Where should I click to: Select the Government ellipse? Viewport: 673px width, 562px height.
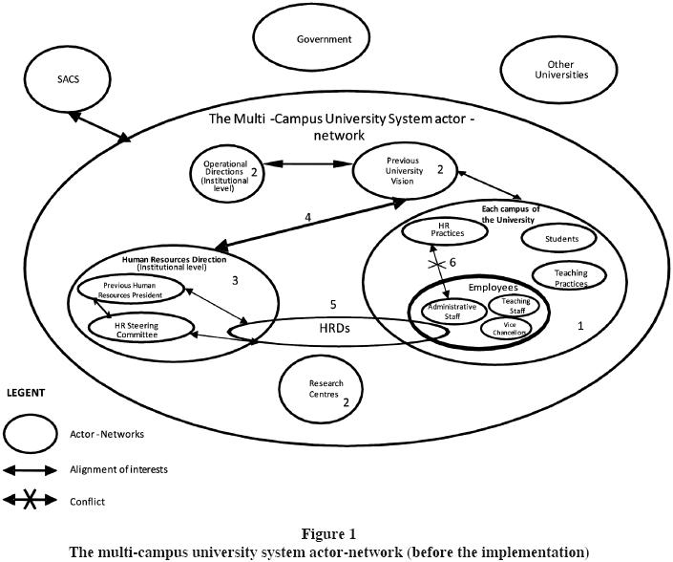click(324, 40)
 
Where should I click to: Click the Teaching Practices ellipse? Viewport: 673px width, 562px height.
click(571, 278)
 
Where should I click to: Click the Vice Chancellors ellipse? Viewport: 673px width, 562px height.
click(505, 329)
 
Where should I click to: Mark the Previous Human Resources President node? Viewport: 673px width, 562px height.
click(129, 289)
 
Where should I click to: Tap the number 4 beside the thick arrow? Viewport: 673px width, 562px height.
click(307, 217)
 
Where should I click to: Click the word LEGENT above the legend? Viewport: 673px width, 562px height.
click(26, 393)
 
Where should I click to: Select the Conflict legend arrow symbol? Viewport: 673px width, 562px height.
click(31, 501)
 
